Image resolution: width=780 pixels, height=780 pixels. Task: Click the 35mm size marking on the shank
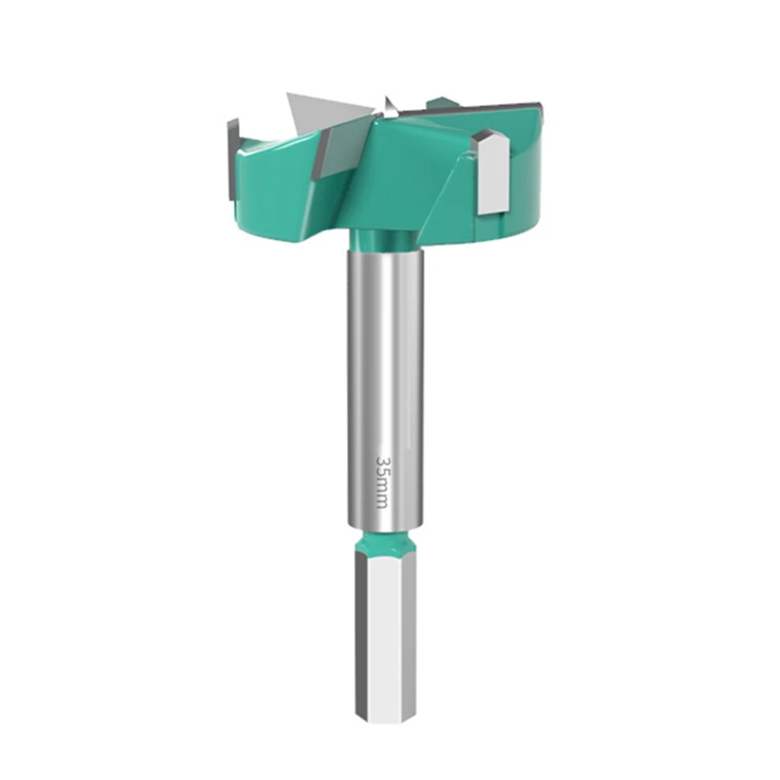tap(382, 482)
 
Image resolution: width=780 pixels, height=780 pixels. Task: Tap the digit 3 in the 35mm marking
tap(382, 461)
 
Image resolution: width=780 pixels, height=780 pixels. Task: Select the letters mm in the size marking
tap(382, 493)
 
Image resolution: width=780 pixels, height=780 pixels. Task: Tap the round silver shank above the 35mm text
tap(386, 351)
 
